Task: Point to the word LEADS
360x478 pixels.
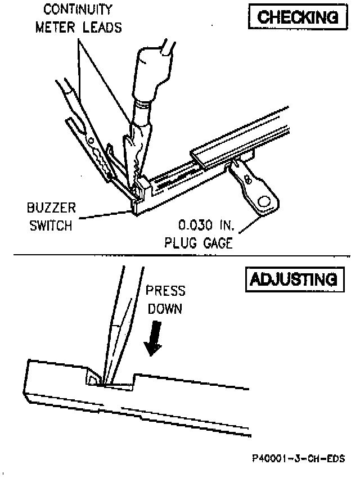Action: click(101, 28)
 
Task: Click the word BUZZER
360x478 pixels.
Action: click(51, 209)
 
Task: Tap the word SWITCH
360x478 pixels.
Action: click(50, 227)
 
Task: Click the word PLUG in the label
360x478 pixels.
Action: click(181, 244)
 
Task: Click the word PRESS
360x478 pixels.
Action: click(165, 292)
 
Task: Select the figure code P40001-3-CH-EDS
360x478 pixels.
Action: click(298, 458)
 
